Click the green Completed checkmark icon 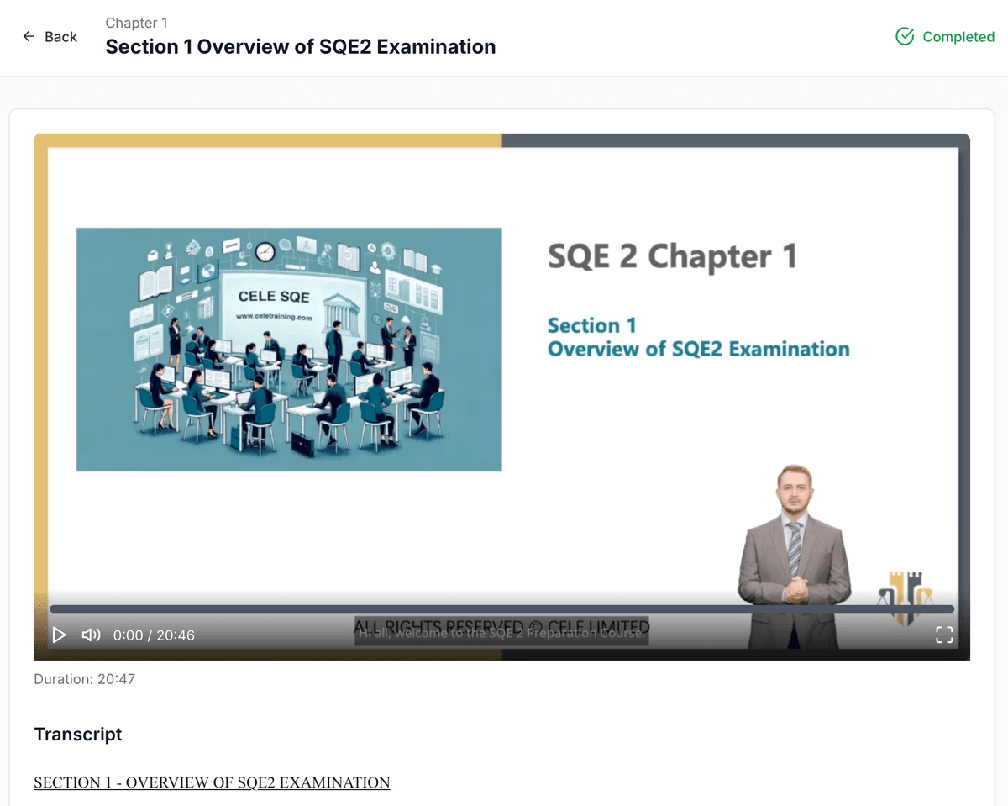[x=905, y=36]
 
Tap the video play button [x=59, y=635]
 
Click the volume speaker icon [x=91, y=635]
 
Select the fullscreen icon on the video [x=944, y=635]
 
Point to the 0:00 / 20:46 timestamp [x=154, y=635]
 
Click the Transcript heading [x=78, y=735]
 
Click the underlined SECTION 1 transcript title [x=212, y=782]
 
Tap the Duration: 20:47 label [x=84, y=679]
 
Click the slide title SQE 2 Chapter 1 [x=672, y=256]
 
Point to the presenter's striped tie [x=794, y=546]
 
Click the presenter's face [x=794, y=492]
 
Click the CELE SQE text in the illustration [x=274, y=297]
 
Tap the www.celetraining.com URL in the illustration [x=274, y=317]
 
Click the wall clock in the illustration [x=265, y=251]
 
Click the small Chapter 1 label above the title [x=136, y=23]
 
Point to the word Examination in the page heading [x=436, y=47]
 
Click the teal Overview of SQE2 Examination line [x=698, y=349]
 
